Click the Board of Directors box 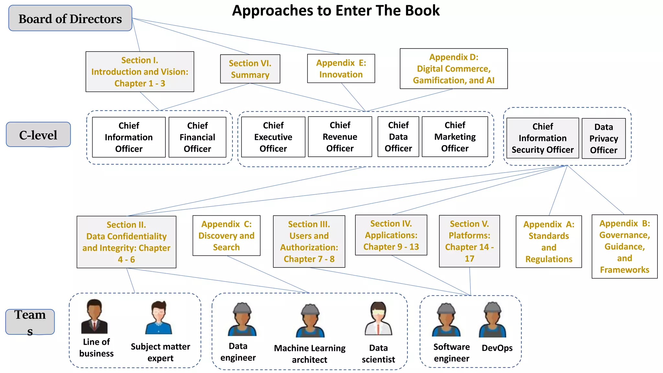[70, 18]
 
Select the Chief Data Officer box [398, 137]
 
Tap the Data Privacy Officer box [603, 138]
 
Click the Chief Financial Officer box [197, 137]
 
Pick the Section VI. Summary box [250, 69]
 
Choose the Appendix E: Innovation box [341, 69]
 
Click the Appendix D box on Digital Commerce [454, 69]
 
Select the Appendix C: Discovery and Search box [226, 235]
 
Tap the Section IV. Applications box [391, 235]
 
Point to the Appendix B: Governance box [624, 246]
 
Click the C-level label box [38, 135]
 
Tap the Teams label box [30, 322]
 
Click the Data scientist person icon [378, 319]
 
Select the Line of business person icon [94, 316]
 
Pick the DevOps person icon [492, 320]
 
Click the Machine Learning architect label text [310, 354]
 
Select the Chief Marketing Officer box [455, 137]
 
